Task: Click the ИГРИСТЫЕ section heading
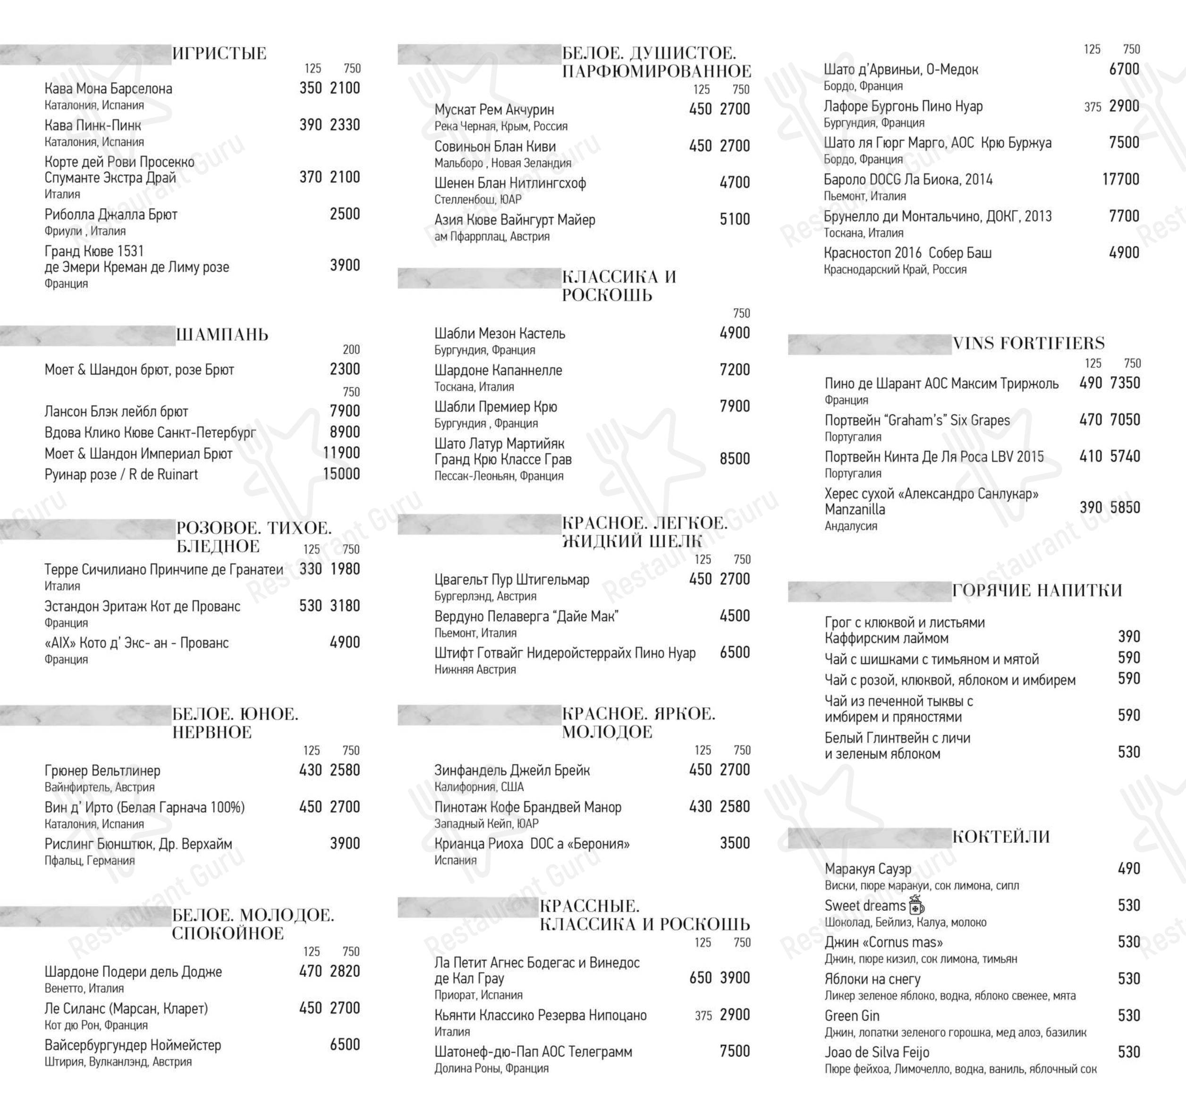[219, 54]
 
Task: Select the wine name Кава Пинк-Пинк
[93, 125]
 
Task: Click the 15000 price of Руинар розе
[341, 474]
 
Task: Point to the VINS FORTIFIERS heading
[1028, 344]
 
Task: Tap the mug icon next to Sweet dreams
[916, 905]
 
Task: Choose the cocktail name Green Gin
[851, 1016]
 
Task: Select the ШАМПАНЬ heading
[222, 335]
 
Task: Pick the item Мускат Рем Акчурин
[493, 110]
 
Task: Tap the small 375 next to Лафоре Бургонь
[1093, 107]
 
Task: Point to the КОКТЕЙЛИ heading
[1000, 837]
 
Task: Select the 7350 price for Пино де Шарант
[1125, 383]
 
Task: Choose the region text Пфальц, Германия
[90, 860]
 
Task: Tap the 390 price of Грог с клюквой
[1129, 636]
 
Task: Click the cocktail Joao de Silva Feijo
[876, 1052]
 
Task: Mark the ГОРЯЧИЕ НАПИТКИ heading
[1037, 591]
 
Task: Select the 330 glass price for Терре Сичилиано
[310, 569]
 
